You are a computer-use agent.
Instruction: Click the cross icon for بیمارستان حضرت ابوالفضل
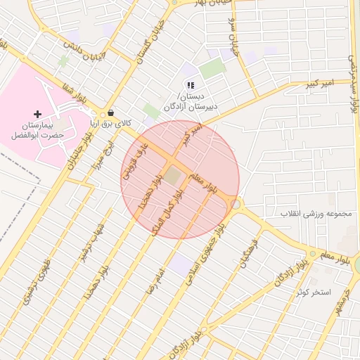37,113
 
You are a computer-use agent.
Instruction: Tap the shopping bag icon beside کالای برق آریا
110,113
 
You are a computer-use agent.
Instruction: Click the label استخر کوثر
313,290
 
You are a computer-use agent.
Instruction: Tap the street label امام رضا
154,279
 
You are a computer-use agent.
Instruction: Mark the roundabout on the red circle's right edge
236,204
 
